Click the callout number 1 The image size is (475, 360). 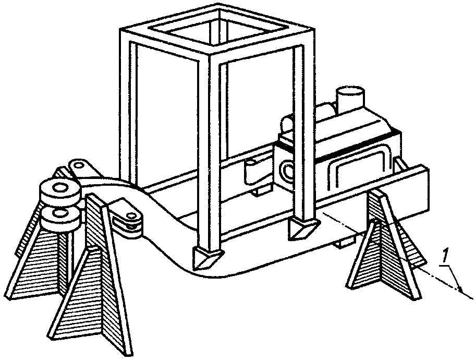tap(445, 256)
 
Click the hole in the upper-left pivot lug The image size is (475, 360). tap(78, 165)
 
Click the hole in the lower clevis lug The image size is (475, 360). tap(131, 216)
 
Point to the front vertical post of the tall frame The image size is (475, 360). tap(209, 151)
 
